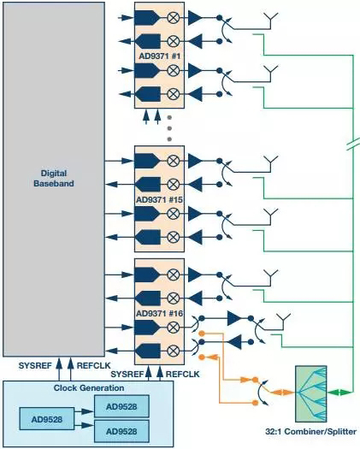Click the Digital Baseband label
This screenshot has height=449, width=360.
coord(54,178)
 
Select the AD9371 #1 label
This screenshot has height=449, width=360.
coord(160,56)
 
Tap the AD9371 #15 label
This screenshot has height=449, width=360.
coord(159,199)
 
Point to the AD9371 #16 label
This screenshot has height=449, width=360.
coord(159,314)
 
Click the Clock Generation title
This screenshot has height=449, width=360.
coord(89,388)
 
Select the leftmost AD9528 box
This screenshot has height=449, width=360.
coord(47,419)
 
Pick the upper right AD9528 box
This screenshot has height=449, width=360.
coord(121,406)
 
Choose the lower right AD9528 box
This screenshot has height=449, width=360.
coord(121,431)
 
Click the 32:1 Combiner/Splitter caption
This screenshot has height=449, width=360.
coord(310,431)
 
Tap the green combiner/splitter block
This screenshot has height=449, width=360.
coord(311,393)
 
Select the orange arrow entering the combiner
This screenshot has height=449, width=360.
coord(282,393)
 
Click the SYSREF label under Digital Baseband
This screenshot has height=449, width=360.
coord(35,366)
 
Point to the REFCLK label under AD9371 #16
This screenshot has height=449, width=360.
coord(182,374)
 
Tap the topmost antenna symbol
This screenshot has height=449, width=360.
coord(270,21)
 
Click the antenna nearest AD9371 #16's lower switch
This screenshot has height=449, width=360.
coord(283,322)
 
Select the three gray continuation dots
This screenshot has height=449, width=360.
coord(169,128)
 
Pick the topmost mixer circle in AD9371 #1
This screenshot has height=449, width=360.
coord(173,18)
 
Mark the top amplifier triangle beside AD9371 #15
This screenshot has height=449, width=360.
coord(195,161)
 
